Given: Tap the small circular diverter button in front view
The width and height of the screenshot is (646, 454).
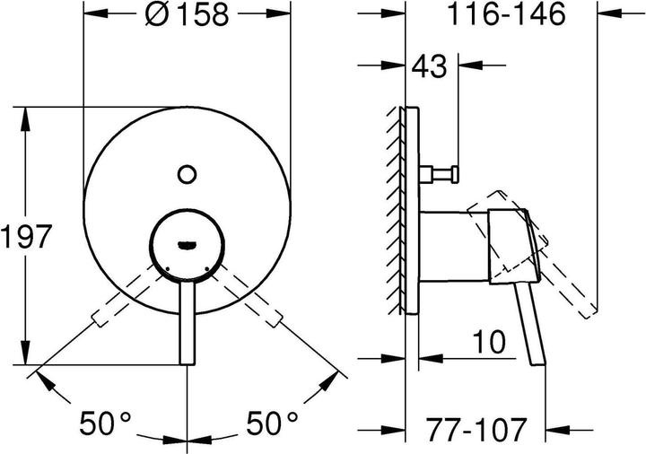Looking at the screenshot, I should pyautogui.click(x=188, y=173).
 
